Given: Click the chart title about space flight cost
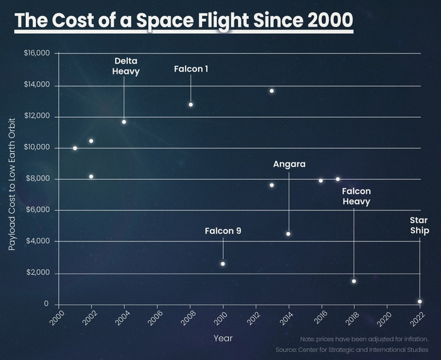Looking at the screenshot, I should coord(183,20).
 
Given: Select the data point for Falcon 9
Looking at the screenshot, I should coord(223,264).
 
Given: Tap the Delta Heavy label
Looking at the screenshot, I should coord(126,66).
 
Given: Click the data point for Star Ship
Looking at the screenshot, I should coord(420,301).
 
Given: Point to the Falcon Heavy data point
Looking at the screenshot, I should coord(354,281).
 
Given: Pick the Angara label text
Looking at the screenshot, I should coord(289,164).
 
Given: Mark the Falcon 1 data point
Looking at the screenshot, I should coord(191,105).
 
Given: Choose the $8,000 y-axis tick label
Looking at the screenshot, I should coord(38,179).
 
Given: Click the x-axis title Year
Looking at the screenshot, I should coord(223,339).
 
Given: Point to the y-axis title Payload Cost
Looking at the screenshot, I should coord(12,183).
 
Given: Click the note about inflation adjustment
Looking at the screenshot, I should coord(364,339).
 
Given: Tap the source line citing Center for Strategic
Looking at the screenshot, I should coord(352,349).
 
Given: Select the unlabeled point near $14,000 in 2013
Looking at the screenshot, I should coord(272,91).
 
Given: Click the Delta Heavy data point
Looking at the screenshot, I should coord(124,122).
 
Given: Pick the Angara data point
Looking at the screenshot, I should coord(289,234).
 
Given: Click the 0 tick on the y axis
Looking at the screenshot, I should coord(46,304).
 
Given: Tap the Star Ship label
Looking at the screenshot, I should coord(420,226).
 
